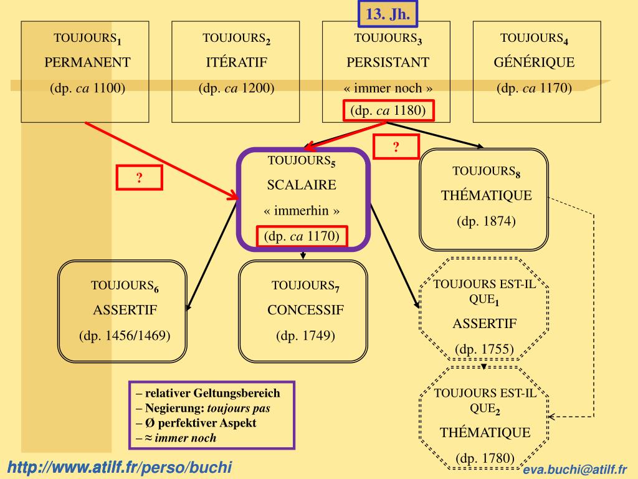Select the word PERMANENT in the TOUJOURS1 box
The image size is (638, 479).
click(87, 62)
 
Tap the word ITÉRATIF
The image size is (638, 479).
click(237, 62)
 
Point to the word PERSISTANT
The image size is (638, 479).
click(388, 62)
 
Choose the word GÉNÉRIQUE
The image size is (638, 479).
click(534, 62)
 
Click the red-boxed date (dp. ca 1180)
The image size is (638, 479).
click(388, 111)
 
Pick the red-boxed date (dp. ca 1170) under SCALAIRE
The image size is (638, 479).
click(302, 236)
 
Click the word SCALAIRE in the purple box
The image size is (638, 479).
click(302, 185)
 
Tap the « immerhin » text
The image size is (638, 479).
click(302, 211)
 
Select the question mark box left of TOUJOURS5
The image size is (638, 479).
click(140, 178)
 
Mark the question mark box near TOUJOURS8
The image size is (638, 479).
click(396, 147)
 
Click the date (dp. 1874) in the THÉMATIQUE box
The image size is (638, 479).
click(486, 221)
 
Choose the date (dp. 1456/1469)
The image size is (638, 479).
click(125, 336)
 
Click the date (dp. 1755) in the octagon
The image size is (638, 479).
click(484, 349)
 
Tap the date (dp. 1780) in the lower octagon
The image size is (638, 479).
click(485, 459)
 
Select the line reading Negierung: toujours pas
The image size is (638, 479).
click(204, 409)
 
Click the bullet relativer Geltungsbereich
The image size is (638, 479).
click(208, 394)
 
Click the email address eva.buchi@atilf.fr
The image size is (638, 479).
click(575, 470)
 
